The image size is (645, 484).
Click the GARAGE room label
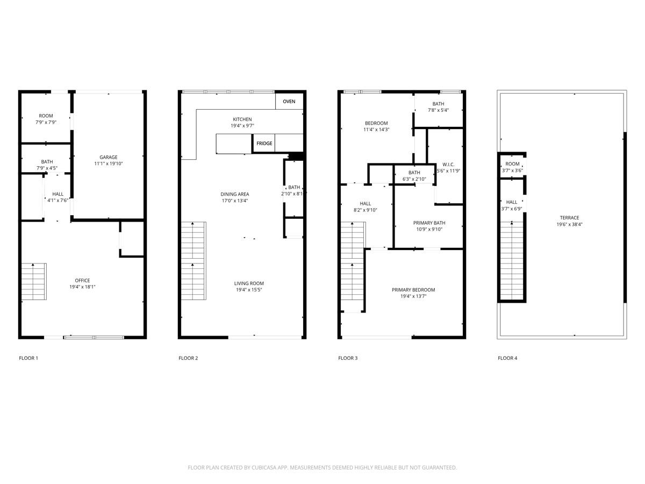tap(108, 158)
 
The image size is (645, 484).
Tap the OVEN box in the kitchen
tap(289, 101)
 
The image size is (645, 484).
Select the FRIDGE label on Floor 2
tap(264, 144)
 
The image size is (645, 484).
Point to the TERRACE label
tap(569, 218)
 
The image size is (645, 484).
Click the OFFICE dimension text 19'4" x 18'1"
tap(82, 287)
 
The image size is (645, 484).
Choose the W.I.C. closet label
tap(448, 164)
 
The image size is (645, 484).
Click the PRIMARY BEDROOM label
tap(413, 290)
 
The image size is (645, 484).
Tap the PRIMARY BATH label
tap(429, 223)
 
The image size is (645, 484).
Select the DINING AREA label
tap(235, 194)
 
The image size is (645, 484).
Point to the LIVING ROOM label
tap(249, 283)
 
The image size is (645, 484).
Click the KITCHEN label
tap(242, 119)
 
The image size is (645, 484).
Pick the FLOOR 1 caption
tap(28, 358)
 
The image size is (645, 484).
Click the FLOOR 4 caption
tap(507, 358)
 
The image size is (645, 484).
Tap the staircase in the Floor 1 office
tap(34, 282)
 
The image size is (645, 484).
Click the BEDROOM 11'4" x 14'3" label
tap(376, 123)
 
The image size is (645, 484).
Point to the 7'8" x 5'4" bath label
tap(438, 110)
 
